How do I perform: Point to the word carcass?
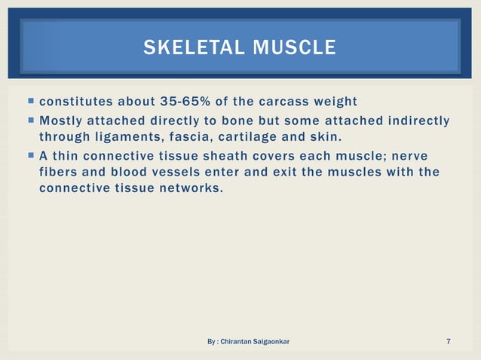click(282, 102)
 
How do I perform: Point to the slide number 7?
click(449, 343)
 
